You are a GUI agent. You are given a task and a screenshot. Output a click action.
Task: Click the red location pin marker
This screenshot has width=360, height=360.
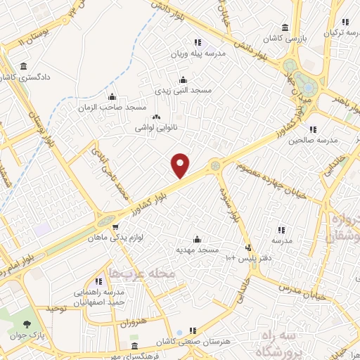pos(181,166)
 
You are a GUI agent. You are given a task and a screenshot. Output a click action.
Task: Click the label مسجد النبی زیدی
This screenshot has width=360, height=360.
pos(182,91)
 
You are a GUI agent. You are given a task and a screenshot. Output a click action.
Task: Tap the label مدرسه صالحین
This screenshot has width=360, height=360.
pos(313,139)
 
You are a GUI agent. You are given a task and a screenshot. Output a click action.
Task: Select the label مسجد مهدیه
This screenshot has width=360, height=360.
pos(198,249)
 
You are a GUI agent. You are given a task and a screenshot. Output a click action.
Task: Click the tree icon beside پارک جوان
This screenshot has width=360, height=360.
pos(27,325)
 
